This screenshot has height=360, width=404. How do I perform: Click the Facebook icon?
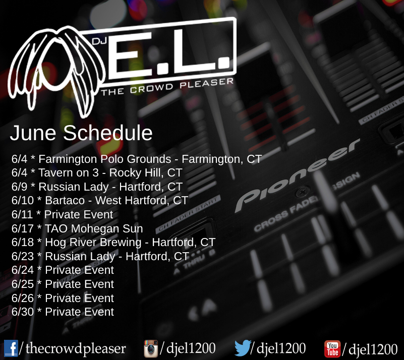[x=11, y=348]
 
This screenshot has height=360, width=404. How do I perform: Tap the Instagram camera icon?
[x=151, y=348]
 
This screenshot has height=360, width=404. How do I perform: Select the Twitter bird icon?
[x=243, y=348]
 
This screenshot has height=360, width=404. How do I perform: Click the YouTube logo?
[x=332, y=349]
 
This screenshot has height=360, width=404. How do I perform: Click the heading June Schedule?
[x=81, y=133]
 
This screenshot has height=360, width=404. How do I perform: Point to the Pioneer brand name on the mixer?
[x=298, y=175]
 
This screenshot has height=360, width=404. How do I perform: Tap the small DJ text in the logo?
[x=99, y=41]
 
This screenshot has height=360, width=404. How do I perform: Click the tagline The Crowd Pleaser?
[x=167, y=87]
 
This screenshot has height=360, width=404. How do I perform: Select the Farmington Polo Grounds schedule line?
[x=137, y=159]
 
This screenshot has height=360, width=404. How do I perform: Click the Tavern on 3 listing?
[x=97, y=173]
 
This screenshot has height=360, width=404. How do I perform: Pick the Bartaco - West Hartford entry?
[x=100, y=200]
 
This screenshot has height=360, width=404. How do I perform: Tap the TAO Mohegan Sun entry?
[x=77, y=228]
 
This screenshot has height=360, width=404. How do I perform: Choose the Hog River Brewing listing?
[x=113, y=243]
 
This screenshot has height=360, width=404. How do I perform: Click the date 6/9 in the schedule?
[x=19, y=187]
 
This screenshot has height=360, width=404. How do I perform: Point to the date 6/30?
[x=23, y=312]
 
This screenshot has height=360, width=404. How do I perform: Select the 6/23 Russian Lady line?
[x=100, y=256]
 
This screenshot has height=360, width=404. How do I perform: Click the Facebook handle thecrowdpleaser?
[x=76, y=348]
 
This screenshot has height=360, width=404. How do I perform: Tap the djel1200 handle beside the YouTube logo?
[x=373, y=349]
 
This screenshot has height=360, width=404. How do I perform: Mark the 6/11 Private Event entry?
[x=62, y=214]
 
